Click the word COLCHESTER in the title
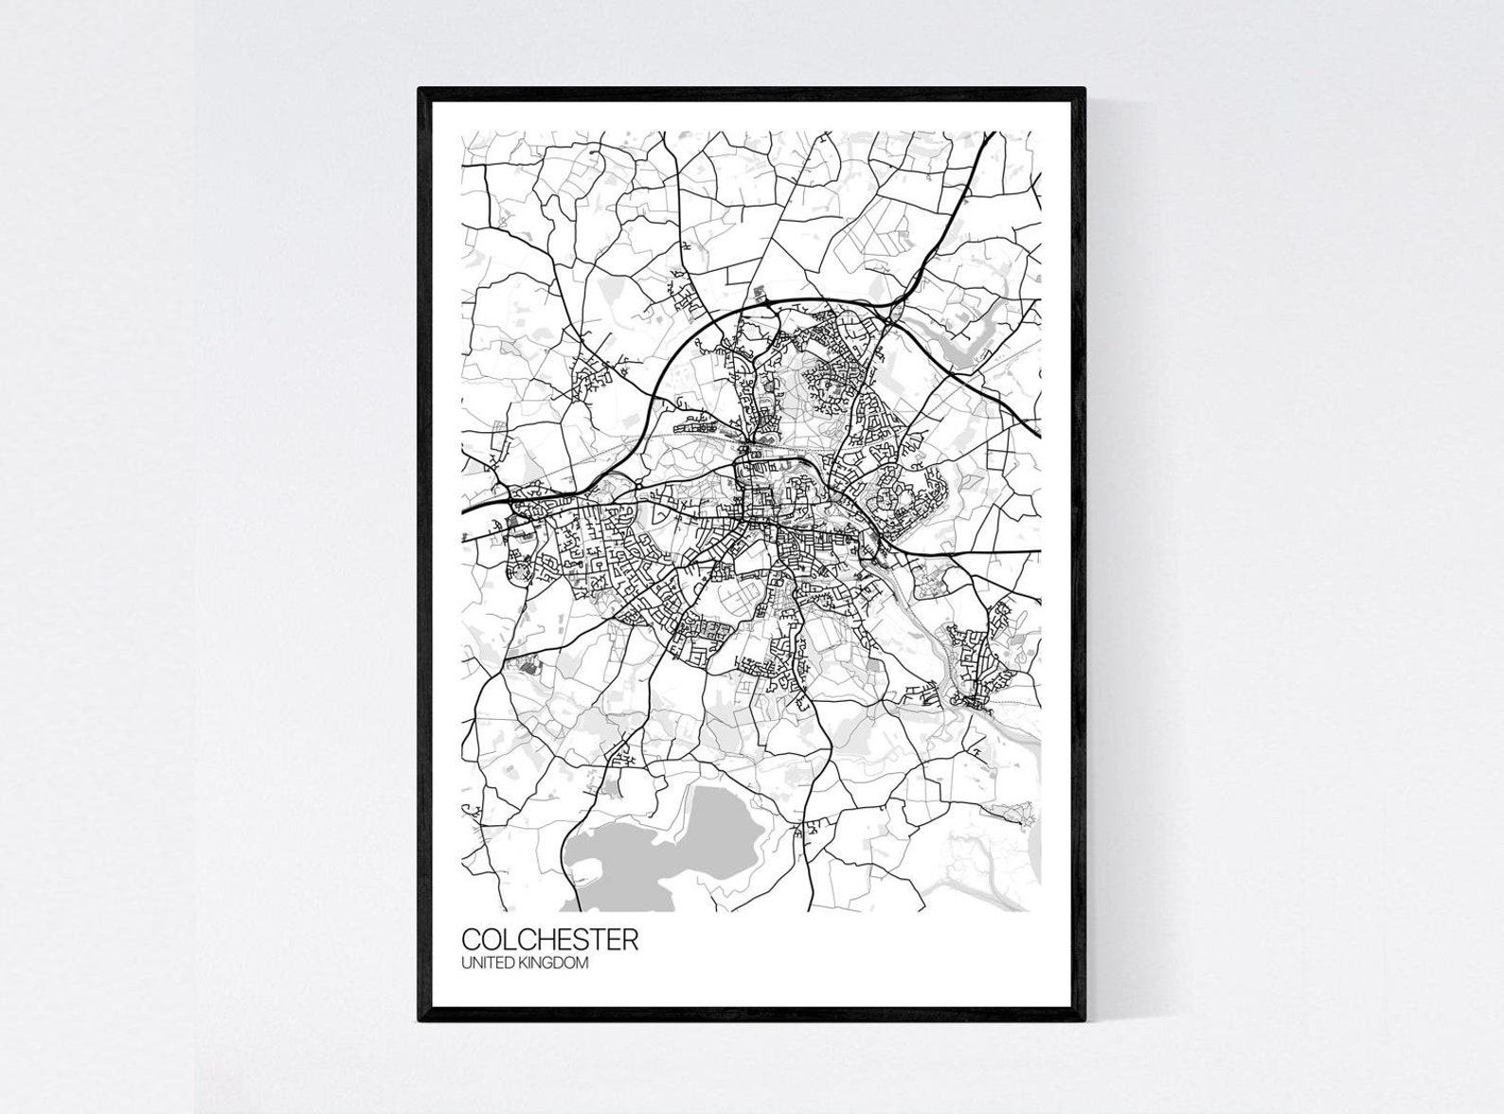(549, 940)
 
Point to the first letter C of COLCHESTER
(472, 940)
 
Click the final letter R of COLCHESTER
(630, 940)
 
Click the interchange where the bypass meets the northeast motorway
(890, 308)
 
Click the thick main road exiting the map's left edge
(466, 509)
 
